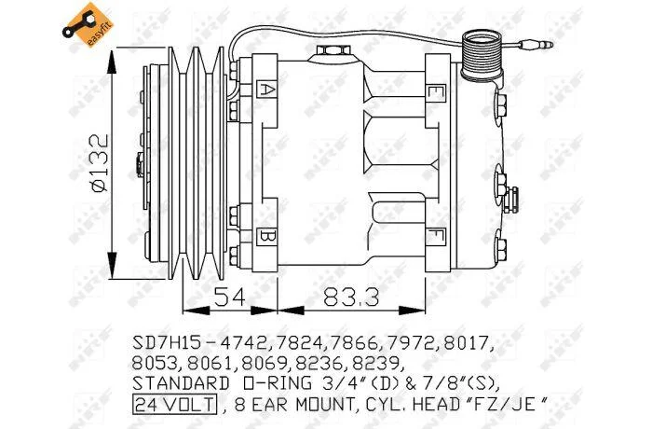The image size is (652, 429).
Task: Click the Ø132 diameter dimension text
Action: [x=100, y=162]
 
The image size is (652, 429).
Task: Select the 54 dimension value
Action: [x=230, y=297]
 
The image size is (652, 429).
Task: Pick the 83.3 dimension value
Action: [x=351, y=297]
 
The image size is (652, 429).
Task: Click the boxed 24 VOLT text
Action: [x=175, y=404]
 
